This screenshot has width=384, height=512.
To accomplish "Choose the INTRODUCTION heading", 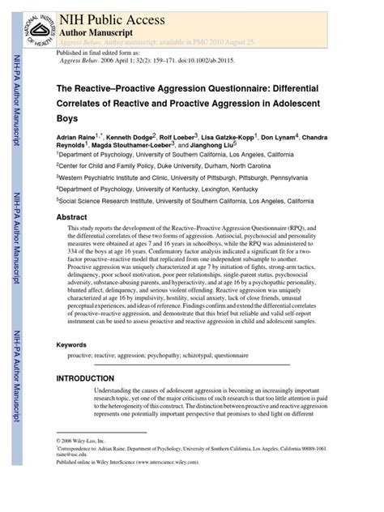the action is (x=85, y=378).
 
